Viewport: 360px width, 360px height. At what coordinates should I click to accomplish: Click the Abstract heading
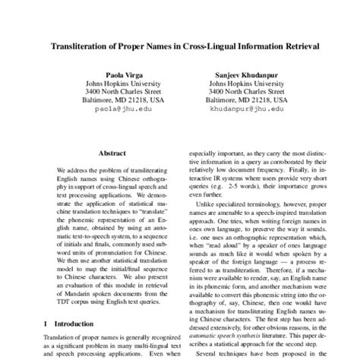(112, 153)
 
